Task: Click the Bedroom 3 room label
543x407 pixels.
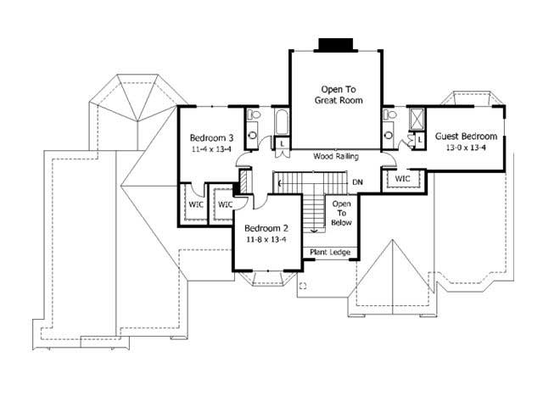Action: click(x=211, y=137)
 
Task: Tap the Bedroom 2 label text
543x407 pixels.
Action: click(x=267, y=228)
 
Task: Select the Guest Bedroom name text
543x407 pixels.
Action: click(x=465, y=137)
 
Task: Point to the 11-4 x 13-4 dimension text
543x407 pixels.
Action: click(x=211, y=148)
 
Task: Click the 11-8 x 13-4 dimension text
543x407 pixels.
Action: click(x=267, y=239)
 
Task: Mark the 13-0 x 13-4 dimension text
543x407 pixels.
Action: click(x=465, y=148)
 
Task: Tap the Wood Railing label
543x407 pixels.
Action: click(x=334, y=157)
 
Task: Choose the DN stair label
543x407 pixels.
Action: click(x=358, y=182)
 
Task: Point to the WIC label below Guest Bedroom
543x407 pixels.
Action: click(x=401, y=179)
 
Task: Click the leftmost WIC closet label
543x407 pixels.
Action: click(x=196, y=204)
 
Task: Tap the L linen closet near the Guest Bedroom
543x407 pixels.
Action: click(x=419, y=139)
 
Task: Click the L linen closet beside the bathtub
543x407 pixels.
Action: click(x=281, y=144)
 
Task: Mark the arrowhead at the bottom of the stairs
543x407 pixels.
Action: click(x=315, y=230)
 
